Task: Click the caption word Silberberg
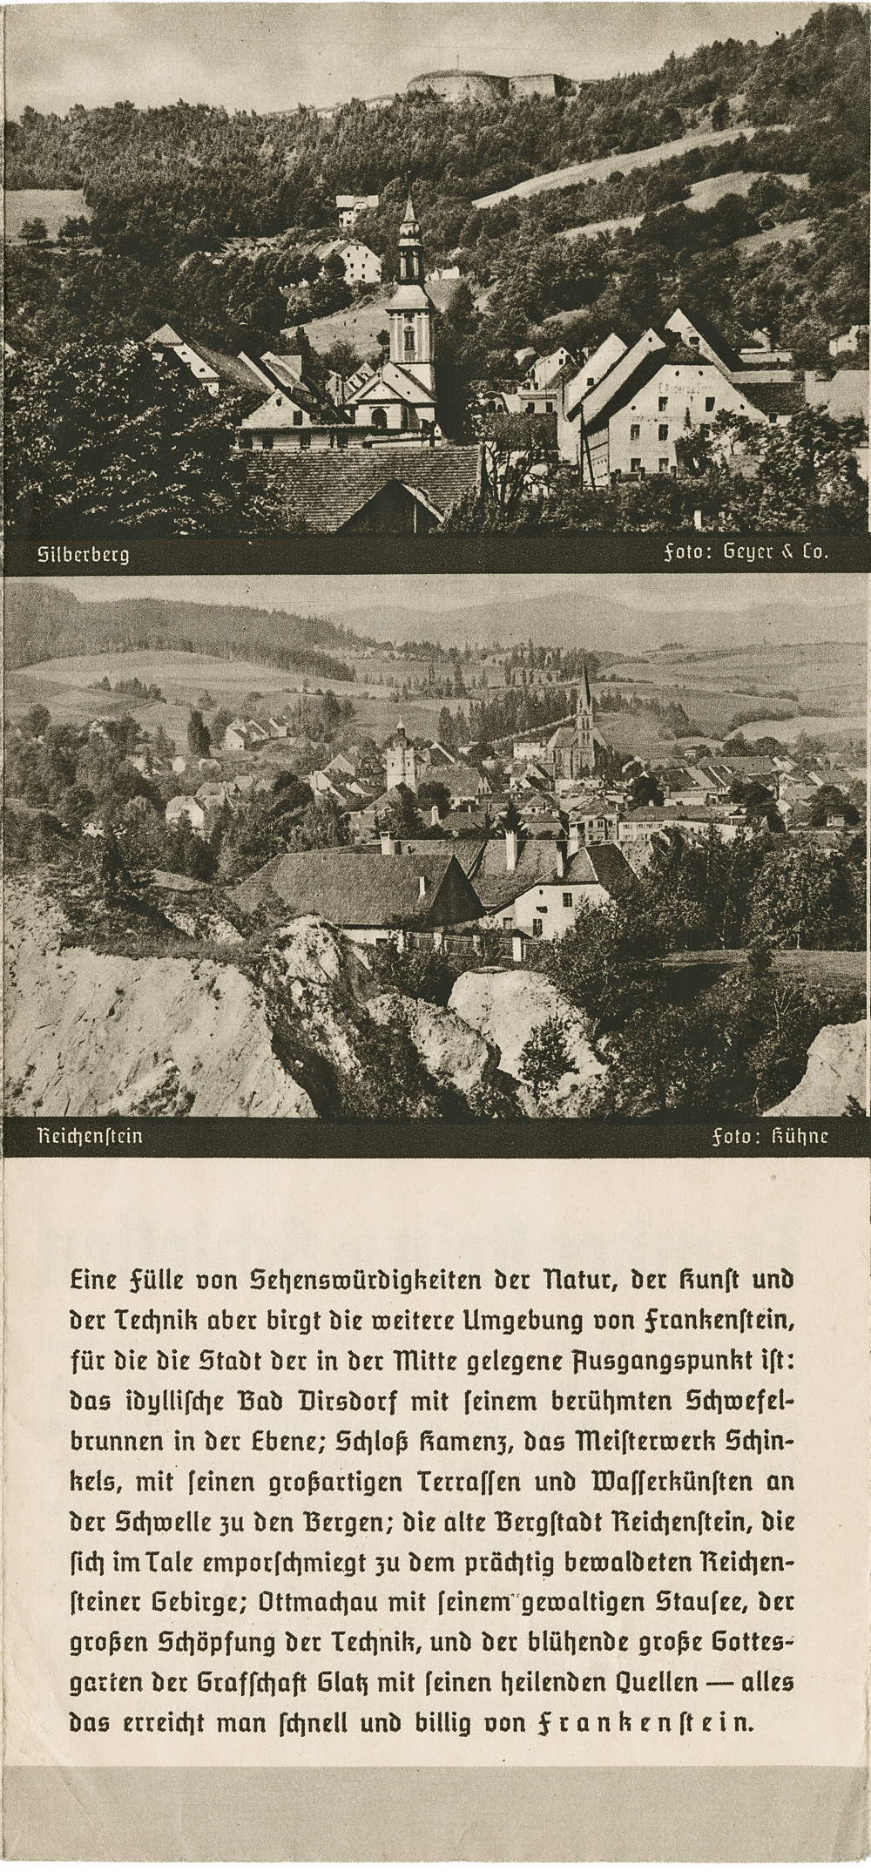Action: [84, 554]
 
